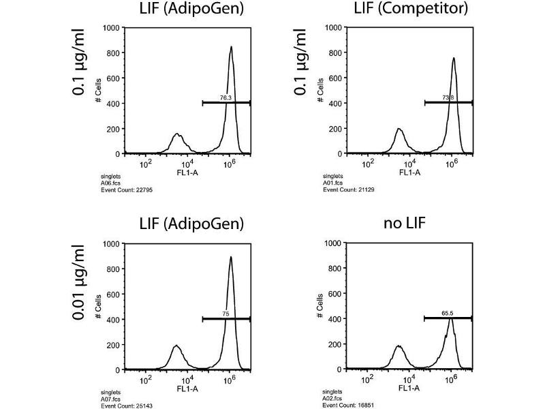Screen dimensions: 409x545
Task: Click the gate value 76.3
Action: (226, 98)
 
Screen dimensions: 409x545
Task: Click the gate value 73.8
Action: (448, 98)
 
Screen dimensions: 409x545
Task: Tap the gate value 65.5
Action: (448, 314)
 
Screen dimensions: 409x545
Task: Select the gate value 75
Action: (226, 314)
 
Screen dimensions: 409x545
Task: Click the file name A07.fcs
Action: (110, 399)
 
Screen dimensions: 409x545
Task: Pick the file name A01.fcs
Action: (332, 184)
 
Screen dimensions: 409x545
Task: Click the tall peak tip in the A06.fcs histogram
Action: (232, 47)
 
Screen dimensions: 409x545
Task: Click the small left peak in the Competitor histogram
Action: (399, 130)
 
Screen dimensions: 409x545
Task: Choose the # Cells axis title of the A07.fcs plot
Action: (99, 306)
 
